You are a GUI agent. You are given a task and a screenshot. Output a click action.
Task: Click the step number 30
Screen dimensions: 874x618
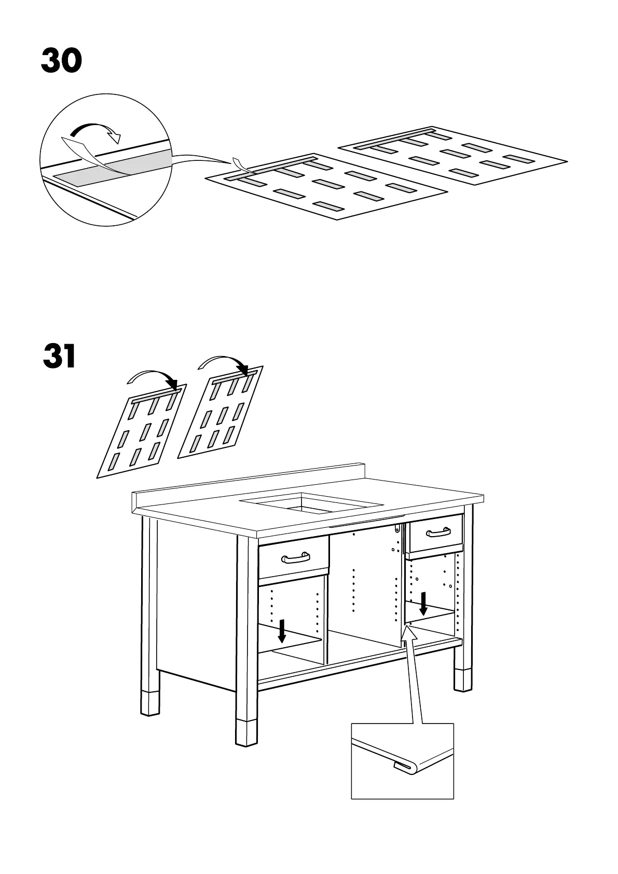click(x=61, y=61)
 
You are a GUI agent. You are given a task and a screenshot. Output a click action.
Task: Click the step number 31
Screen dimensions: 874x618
click(x=60, y=356)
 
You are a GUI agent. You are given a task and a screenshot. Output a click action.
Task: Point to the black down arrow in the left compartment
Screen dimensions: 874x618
click(x=282, y=630)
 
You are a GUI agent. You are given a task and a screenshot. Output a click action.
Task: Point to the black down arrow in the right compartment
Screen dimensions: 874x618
click(x=424, y=604)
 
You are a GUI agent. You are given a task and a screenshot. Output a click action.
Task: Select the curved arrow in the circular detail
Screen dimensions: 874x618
click(x=95, y=130)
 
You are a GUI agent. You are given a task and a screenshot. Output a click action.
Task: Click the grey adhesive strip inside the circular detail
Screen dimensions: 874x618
click(x=112, y=168)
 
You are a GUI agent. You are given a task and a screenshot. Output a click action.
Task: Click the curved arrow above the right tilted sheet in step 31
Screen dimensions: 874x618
click(x=223, y=362)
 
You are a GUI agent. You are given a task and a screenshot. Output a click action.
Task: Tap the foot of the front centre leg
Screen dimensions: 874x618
click(x=247, y=732)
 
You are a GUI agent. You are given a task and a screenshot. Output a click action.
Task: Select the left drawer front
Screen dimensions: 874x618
click(x=294, y=558)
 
